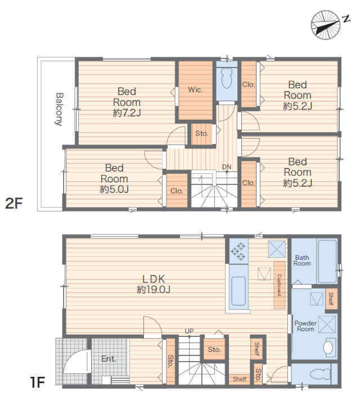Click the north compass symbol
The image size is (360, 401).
(x=326, y=25)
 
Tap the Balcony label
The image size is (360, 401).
(x=60, y=109)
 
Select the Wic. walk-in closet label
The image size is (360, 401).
(x=195, y=90)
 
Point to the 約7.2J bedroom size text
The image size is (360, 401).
(x=127, y=113)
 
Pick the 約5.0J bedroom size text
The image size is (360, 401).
(x=114, y=190)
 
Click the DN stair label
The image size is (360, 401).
(x=227, y=167)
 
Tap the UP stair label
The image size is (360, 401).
(x=189, y=331)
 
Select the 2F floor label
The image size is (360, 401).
(x=14, y=204)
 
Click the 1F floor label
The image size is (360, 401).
(x=37, y=383)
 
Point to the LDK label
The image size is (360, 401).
(x=154, y=279)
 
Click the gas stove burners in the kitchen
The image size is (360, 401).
(x=238, y=251)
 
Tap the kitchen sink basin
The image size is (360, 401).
(x=238, y=291)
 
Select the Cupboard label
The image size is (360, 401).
(x=280, y=285)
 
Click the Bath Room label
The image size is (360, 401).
(x=302, y=260)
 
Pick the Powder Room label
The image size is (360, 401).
(x=305, y=326)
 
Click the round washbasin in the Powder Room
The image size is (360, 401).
(x=328, y=348)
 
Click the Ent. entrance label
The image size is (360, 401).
(x=109, y=359)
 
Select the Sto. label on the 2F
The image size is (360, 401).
(x=201, y=133)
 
